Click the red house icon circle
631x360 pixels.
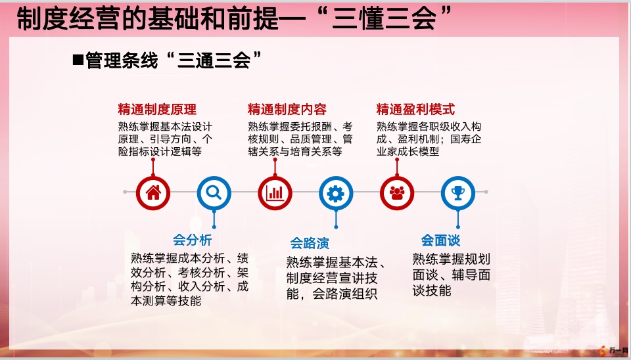click(x=153, y=192)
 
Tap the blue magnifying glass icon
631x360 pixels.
click(x=214, y=192)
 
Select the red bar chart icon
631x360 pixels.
click(x=275, y=192)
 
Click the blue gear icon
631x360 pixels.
click(x=336, y=192)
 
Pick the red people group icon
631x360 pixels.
click(x=397, y=192)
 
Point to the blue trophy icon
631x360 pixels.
click(x=458, y=192)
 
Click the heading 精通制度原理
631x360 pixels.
click(x=157, y=109)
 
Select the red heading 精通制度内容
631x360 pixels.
click(x=287, y=109)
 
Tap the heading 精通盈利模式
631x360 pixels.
click(x=415, y=109)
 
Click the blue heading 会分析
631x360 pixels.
click(x=193, y=240)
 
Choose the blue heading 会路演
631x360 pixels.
click(x=310, y=243)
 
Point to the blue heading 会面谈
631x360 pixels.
click(x=440, y=240)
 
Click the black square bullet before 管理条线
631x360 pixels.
click(x=78, y=60)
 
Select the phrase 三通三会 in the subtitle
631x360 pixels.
click(x=214, y=60)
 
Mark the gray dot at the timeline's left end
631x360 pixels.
click(x=125, y=192)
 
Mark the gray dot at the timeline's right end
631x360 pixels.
click(x=486, y=192)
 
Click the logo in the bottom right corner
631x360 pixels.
click(x=613, y=351)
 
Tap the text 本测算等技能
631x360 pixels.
click(x=166, y=300)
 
